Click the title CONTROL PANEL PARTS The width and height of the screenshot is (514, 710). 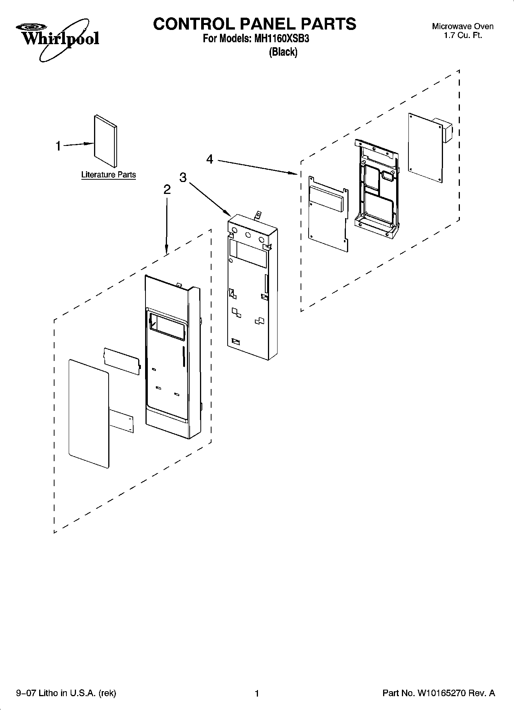click(x=255, y=24)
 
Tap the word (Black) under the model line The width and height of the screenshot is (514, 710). click(x=283, y=52)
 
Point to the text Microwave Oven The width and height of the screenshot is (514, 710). click(x=463, y=26)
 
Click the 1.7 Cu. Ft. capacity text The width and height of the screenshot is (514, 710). click(x=463, y=36)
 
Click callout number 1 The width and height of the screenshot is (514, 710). click(x=58, y=146)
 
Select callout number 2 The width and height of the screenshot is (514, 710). click(x=167, y=190)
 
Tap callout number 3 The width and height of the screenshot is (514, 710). click(x=183, y=177)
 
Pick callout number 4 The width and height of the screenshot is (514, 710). click(x=210, y=159)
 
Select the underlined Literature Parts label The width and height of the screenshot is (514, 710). click(x=108, y=175)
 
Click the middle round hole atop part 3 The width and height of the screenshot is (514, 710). click(x=248, y=235)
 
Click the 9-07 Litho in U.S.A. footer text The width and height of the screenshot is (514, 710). click(x=66, y=693)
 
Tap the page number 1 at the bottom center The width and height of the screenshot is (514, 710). click(x=257, y=693)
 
